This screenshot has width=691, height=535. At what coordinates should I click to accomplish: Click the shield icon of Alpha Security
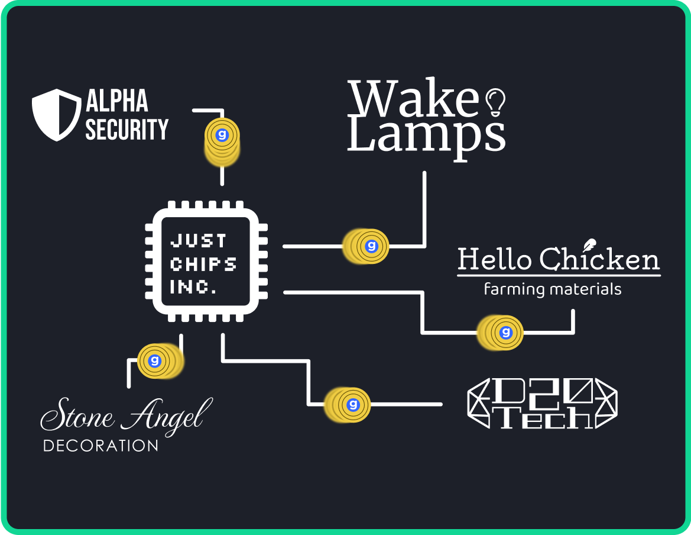56,115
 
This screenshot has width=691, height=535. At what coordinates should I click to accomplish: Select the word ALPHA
117,101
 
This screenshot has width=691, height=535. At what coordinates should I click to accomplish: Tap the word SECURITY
127,129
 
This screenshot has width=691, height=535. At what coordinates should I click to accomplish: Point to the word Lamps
426,138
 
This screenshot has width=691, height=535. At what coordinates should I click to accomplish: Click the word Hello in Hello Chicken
495,260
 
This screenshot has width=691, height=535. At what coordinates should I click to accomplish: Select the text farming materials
552,289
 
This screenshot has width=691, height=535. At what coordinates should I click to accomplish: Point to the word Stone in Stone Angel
77,417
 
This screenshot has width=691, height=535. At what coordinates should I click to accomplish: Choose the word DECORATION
100,446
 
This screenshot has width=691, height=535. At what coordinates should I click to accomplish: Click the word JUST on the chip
198,241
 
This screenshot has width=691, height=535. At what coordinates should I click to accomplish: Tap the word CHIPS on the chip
203,264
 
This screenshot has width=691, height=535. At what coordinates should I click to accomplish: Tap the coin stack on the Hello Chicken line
500,333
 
